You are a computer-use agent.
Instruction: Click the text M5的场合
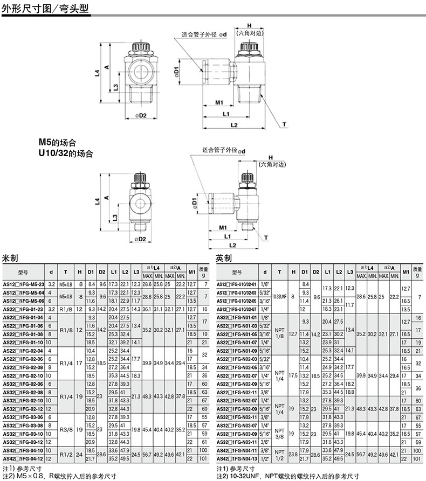tap(57, 143)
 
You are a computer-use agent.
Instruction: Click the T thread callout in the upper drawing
tap(284, 124)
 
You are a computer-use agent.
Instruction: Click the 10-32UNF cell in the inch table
tap(279, 296)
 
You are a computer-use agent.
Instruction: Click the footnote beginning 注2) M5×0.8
tap(59, 476)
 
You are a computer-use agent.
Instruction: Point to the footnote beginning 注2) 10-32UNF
tap(287, 476)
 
